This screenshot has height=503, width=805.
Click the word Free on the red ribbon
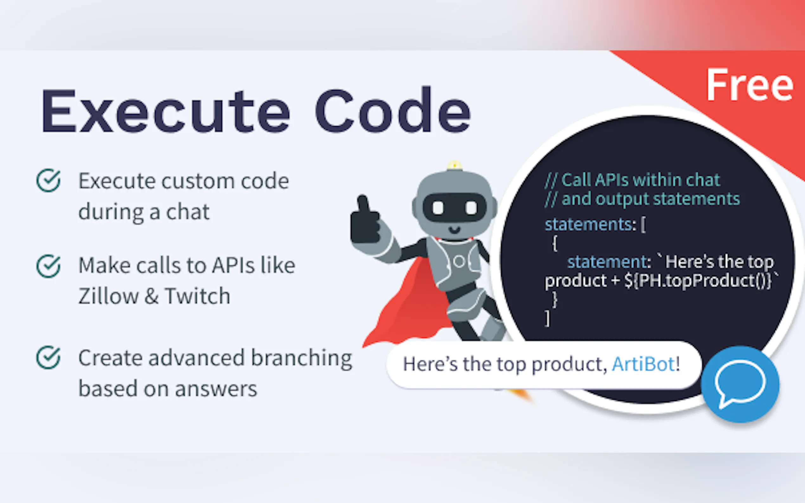pos(750,85)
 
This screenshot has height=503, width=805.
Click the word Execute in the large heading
pos(165,111)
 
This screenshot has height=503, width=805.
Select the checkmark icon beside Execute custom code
pos(48,180)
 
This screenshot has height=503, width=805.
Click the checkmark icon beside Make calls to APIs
pos(48,266)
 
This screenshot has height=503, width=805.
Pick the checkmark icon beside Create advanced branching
pos(48,358)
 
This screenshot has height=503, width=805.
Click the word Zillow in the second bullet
pos(108,296)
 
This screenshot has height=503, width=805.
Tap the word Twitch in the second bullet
pos(198,296)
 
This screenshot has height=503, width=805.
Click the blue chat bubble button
pos(740,385)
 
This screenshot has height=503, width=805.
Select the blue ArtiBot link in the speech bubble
pos(643,364)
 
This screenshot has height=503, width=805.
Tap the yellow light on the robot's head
pos(454,165)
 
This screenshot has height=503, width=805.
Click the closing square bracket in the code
pos(547,318)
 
